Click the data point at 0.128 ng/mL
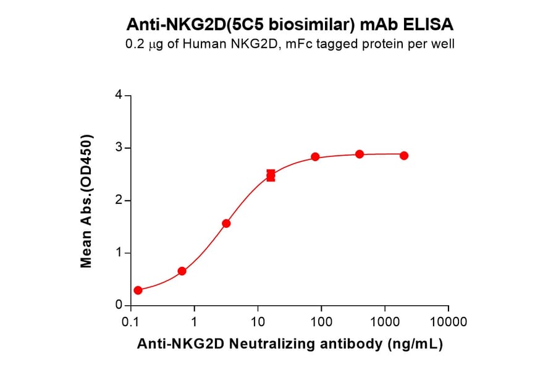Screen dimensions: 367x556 coord(138,290)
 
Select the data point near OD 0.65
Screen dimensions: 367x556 coord(182,271)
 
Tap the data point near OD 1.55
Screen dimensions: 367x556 coord(226,223)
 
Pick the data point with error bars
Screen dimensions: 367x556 coord(271,176)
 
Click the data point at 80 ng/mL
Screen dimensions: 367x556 coord(315,157)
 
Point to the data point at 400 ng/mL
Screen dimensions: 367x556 coord(360,154)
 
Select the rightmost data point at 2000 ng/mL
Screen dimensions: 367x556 coord(404,156)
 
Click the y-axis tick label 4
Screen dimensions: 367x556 coord(119,96)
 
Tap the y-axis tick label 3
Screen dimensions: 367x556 coord(119,148)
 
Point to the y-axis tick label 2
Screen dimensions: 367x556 coord(119,201)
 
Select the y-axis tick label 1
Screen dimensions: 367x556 coord(119,253)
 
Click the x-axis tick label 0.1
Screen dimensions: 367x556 coord(130,323)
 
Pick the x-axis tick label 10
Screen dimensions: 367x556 coord(258,323)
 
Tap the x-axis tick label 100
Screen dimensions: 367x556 coord(321,323)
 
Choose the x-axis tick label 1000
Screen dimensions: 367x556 coord(385,323)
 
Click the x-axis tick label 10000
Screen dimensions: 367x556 coord(449,323)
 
